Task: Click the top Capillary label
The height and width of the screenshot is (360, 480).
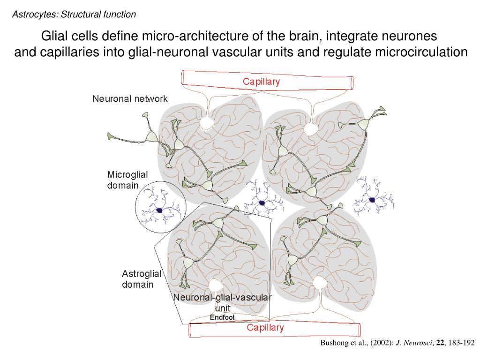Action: (x=261, y=82)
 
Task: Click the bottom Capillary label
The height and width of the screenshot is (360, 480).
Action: (x=265, y=328)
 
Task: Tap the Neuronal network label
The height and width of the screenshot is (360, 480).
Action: (x=130, y=99)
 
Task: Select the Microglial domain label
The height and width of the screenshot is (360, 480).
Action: (x=127, y=180)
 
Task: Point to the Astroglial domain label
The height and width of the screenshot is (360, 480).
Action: (x=142, y=279)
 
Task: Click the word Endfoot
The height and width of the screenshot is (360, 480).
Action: (x=222, y=317)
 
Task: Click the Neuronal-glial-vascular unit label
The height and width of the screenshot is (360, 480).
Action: (x=222, y=303)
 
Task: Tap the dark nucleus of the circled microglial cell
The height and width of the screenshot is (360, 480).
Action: (x=159, y=210)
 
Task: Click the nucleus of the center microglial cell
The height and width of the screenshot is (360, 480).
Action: (x=262, y=203)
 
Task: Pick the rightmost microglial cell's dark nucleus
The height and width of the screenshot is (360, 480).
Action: (x=372, y=200)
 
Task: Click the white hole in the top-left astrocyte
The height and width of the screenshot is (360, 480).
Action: (x=205, y=123)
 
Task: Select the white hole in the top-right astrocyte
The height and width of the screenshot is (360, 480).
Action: (x=309, y=129)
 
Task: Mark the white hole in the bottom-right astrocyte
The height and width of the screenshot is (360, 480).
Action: (x=319, y=283)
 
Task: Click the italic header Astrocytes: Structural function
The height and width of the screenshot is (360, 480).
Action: (x=74, y=15)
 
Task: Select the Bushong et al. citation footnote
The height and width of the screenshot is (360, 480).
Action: (x=397, y=343)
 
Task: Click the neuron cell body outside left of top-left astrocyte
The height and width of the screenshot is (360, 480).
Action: (x=151, y=136)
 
